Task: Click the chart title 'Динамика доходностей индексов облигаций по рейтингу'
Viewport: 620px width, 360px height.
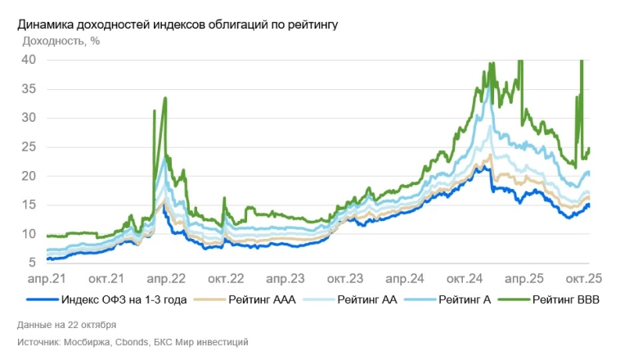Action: (x=177, y=25)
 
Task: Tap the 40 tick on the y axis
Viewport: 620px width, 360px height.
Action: (x=29, y=60)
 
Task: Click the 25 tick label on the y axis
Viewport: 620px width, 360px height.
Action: (x=29, y=147)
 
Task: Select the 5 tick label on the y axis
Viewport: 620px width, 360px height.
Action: (x=32, y=263)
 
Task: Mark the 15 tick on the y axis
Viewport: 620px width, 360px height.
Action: (x=29, y=205)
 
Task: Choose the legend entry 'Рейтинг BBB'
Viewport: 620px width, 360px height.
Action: (x=566, y=300)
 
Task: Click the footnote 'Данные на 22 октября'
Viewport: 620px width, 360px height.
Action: (x=66, y=324)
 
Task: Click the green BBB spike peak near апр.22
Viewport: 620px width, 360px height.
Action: (x=166, y=98)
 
